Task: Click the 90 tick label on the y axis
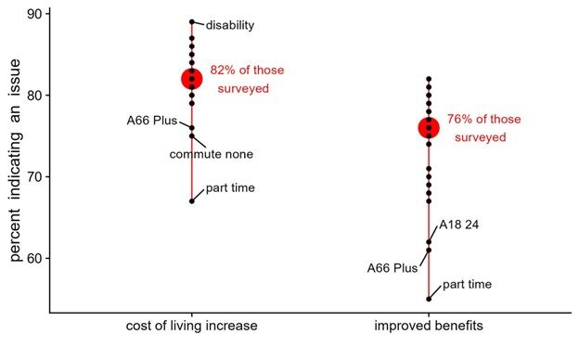[35, 14]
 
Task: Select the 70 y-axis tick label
[35, 177]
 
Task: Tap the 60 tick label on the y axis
[35, 259]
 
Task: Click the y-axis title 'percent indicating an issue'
[15, 161]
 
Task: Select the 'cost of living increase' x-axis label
[192, 326]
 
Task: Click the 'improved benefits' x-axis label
[429, 326]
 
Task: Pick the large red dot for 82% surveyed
[192, 79]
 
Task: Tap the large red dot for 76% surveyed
[429, 128]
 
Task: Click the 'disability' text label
[230, 25]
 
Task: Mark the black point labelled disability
[192, 21]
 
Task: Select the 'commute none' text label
[212, 154]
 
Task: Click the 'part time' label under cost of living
[230, 188]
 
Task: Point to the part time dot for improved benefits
[429, 299]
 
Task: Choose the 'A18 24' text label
[458, 225]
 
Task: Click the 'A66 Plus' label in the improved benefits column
[392, 268]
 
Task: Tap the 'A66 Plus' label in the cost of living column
[152, 121]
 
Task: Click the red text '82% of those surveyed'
[247, 80]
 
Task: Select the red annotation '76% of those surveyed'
[484, 128]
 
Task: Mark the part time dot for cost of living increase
[192, 201]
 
